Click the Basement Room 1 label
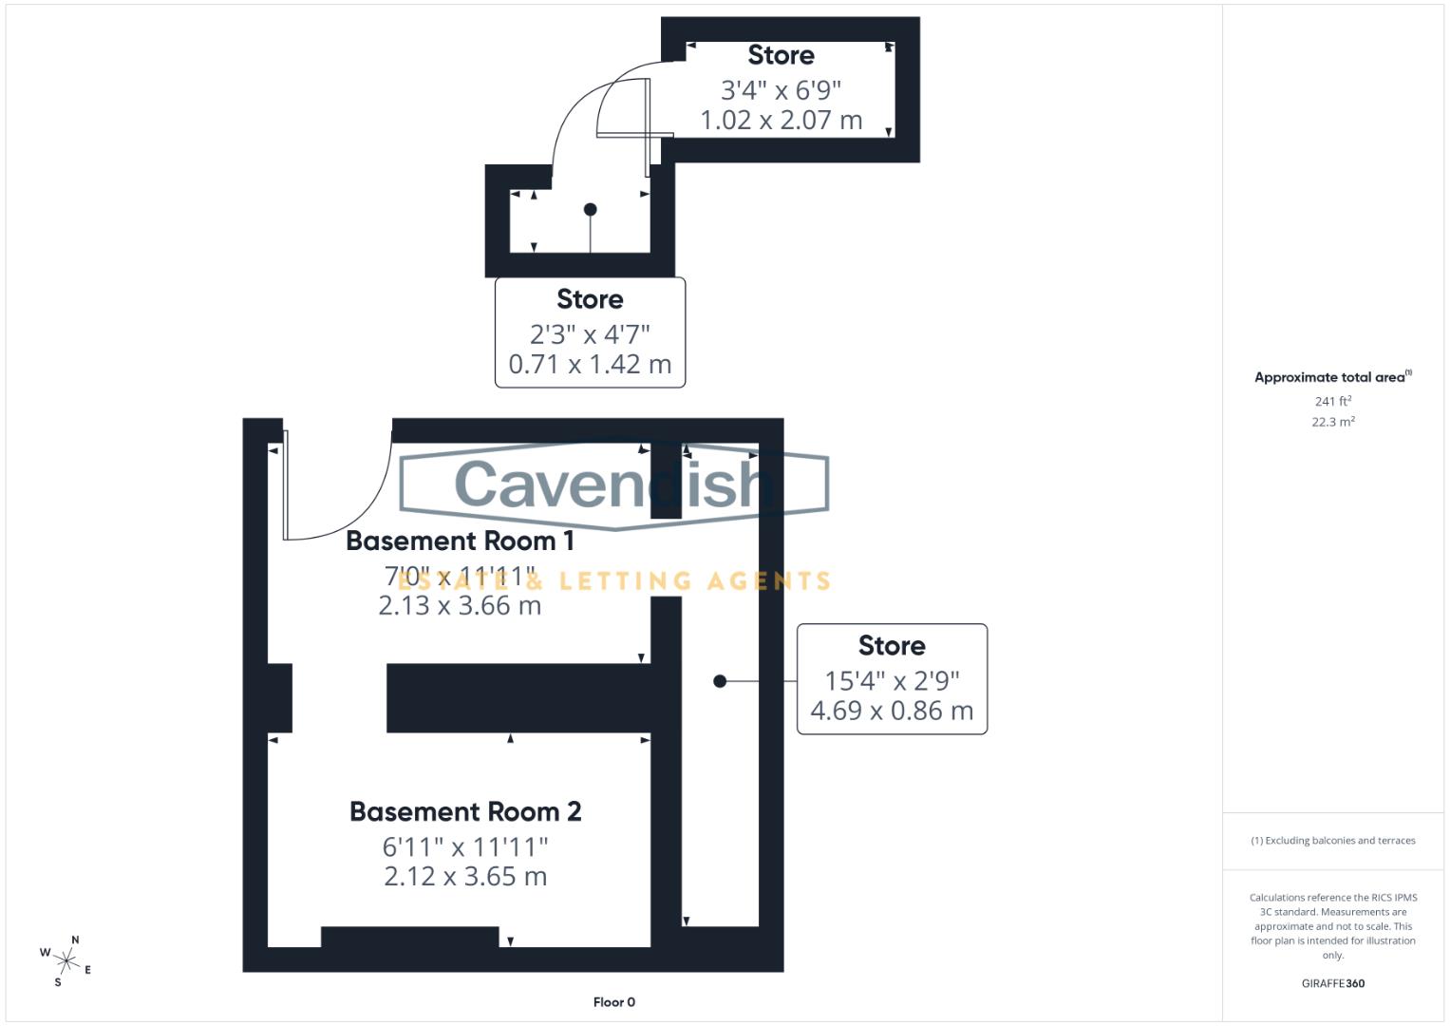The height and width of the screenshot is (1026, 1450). (460, 541)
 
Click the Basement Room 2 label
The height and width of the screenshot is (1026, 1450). (465, 811)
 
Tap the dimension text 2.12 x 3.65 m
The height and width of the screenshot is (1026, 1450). (465, 876)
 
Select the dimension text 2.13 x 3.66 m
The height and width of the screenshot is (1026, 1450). (460, 606)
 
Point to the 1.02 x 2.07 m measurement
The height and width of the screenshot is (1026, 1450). (781, 121)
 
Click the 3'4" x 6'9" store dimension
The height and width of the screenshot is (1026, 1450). (781, 90)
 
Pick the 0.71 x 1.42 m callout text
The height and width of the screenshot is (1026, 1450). (590, 365)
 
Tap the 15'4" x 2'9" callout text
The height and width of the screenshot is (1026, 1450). (892, 681)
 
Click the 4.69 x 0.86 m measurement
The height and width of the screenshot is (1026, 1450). (892, 711)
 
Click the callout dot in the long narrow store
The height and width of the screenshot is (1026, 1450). (720, 681)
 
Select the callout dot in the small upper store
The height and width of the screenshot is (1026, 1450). (591, 209)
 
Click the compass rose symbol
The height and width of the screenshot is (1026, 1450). (66, 960)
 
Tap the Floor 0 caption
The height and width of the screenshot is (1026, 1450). (613, 1002)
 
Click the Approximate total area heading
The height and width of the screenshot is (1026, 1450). (1331, 377)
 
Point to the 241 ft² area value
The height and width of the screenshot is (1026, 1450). (1332, 402)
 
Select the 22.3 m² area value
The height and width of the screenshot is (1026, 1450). (1332, 422)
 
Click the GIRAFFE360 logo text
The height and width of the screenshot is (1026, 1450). (1332, 983)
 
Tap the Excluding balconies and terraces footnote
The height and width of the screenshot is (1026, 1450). (1332, 841)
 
